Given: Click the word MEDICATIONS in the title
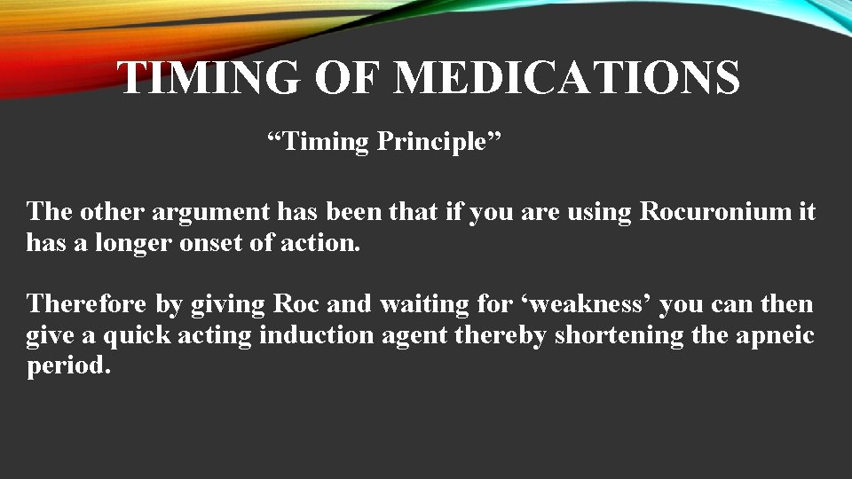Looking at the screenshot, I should click(566, 77).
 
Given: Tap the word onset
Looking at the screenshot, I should click(205, 243).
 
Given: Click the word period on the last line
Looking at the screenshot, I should click(68, 366).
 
